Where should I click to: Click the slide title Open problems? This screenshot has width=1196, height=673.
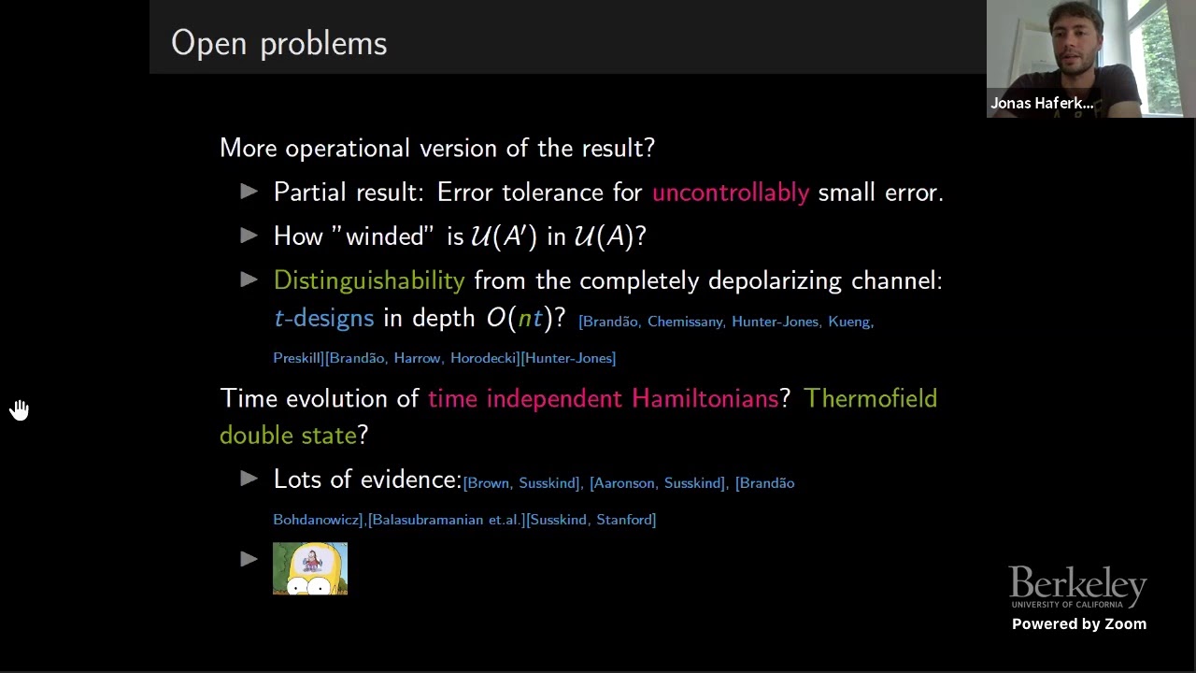pyautogui.click(x=278, y=43)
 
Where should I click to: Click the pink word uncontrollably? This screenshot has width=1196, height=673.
pyautogui.click(x=730, y=193)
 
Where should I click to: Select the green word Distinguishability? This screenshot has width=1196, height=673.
pyautogui.click(x=368, y=280)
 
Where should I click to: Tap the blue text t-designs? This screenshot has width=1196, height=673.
pyautogui.click(x=323, y=319)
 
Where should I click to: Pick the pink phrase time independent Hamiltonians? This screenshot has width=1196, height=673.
pyautogui.click(x=603, y=399)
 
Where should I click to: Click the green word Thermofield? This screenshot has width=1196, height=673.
pyautogui.click(x=870, y=399)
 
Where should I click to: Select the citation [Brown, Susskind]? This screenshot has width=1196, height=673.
pyautogui.click(x=521, y=483)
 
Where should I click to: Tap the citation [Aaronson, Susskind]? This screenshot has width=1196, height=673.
pyautogui.click(x=658, y=483)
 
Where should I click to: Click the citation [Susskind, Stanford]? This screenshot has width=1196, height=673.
pyautogui.click(x=591, y=520)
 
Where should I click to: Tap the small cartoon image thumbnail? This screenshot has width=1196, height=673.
pyautogui.click(x=310, y=568)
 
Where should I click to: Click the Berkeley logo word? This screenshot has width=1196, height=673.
pyautogui.click(x=1077, y=585)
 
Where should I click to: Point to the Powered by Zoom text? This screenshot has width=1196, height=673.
pyautogui.click(x=1078, y=624)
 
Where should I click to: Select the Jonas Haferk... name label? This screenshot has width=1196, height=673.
pyautogui.click(x=1042, y=104)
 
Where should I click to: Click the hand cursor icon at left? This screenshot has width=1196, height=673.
pyautogui.click(x=20, y=410)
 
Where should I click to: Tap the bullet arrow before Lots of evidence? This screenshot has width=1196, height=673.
pyautogui.click(x=249, y=479)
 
